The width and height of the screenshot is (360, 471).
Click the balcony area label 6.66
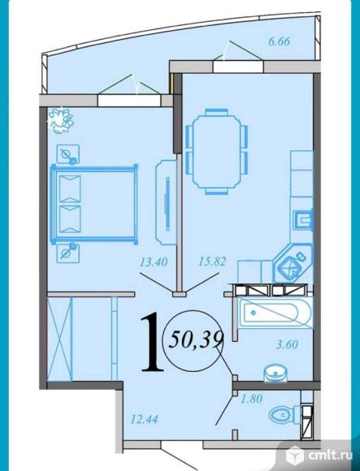(x=280, y=41)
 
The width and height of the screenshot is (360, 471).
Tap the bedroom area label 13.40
(x=154, y=262)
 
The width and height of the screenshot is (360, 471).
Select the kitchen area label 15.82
(x=212, y=261)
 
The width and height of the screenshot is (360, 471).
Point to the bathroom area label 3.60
(x=287, y=344)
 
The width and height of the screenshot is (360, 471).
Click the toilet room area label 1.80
(x=251, y=399)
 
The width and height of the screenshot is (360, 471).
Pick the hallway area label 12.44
(x=144, y=419)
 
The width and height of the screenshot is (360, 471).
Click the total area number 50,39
(x=196, y=340)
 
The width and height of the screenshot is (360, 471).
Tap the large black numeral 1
(x=152, y=342)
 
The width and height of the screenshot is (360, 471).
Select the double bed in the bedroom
(x=94, y=204)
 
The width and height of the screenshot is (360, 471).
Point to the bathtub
(x=275, y=313)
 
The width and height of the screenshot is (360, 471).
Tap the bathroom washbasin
(x=275, y=373)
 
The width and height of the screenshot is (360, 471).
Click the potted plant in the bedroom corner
(x=61, y=120)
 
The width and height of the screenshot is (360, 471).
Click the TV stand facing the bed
(x=166, y=202)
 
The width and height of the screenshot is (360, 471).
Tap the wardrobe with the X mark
(x=60, y=339)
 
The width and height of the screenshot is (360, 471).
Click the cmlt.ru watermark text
(x=330, y=456)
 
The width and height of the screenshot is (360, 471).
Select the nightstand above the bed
(x=68, y=154)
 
